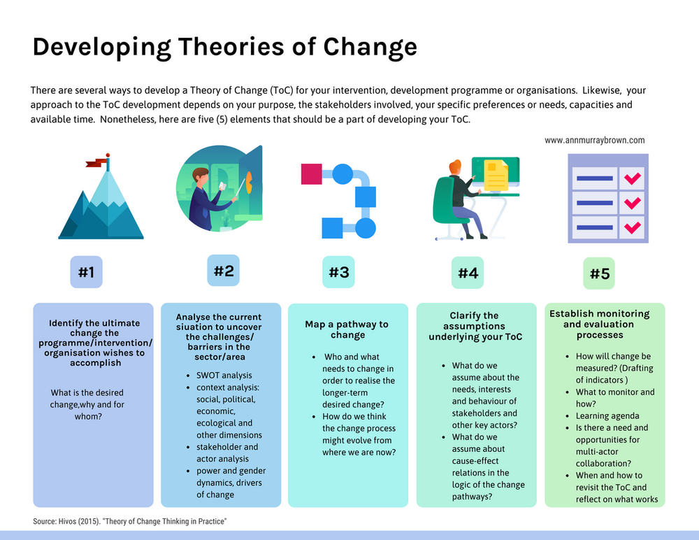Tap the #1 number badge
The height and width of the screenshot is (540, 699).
click(86, 272)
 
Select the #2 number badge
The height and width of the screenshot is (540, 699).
click(223, 270)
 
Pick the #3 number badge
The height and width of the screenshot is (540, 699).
click(338, 272)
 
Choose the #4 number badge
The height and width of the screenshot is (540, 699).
click(468, 272)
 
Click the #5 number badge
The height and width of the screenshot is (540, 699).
click(600, 273)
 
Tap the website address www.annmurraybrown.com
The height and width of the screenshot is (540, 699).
click(594, 140)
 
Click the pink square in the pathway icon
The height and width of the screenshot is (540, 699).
click(311, 173)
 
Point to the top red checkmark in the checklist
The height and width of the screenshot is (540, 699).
click(633, 178)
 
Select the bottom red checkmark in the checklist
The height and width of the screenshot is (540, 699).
click(633, 227)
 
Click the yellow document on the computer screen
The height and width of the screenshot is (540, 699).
click(496, 175)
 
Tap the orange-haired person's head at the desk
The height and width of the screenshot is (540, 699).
click(455, 168)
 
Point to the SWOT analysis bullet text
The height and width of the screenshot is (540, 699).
click(224, 375)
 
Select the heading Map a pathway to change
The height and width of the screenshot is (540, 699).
click(347, 329)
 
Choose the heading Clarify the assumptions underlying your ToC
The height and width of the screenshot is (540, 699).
click(475, 326)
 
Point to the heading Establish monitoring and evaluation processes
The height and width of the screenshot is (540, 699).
click(600, 324)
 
